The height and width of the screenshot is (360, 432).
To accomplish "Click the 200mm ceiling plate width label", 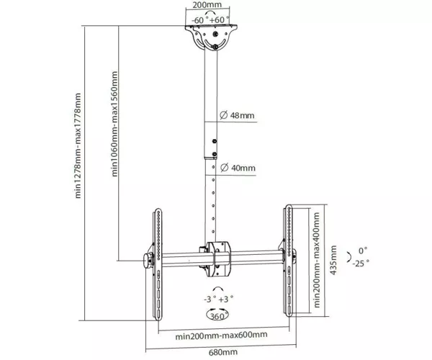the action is pos(207,5).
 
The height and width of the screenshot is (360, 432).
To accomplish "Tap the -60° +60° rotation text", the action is pos(210,20).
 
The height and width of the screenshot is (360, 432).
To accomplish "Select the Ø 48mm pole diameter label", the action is pos(237,115).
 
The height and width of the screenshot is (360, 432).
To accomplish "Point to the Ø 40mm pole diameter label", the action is pos(238,168).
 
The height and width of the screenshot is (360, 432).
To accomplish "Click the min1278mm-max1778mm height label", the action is pos(78,145).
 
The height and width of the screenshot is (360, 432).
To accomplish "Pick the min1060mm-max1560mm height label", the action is pos(114,124).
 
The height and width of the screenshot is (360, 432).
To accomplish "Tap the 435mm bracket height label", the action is pos(333,260).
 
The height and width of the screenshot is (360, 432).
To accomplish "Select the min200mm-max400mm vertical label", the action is pos(317,260).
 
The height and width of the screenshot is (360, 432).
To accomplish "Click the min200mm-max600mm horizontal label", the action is pos(221,336).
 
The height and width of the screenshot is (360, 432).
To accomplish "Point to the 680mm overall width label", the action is pos(223,352).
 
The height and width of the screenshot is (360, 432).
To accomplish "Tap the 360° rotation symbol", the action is pos(217,315).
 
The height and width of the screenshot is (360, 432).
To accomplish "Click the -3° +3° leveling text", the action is pos(218,299).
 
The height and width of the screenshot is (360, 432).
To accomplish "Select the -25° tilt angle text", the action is pos(361,264).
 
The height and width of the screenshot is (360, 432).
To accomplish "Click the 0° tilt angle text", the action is pos(363,251).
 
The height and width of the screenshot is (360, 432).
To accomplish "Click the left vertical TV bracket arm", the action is pos(157,264).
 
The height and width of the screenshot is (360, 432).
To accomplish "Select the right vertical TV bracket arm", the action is pos(288,261).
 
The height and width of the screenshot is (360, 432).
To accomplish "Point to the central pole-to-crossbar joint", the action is pos(217,259).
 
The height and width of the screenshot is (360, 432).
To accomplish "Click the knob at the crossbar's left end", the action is pos(148,261).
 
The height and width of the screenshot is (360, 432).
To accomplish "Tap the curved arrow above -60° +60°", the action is pos(210,13).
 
